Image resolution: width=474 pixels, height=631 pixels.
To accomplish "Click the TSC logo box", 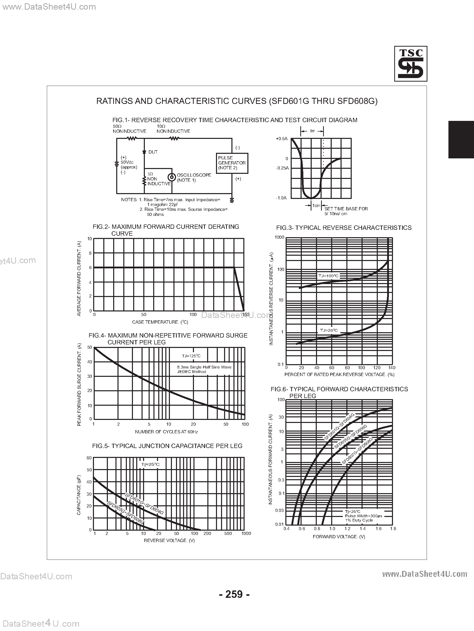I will click(410, 64).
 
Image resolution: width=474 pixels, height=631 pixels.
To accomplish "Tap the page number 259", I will click(234, 594).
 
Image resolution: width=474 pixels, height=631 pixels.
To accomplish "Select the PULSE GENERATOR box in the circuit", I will click(232, 163).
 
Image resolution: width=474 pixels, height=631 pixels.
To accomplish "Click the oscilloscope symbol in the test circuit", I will click(172, 177).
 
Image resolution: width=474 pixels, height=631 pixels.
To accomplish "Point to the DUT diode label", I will click(153, 152).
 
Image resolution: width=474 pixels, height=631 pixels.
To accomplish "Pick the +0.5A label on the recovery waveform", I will click(282, 139).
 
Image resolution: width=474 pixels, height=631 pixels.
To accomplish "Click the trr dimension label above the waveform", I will click(312, 131).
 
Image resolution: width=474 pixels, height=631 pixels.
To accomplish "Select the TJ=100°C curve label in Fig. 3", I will click(328, 276).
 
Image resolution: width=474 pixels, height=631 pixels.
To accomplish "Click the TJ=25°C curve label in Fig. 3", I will click(329, 330).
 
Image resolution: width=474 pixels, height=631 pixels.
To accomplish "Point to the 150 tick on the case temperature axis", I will click(246, 314).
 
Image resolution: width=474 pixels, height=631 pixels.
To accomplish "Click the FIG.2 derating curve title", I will click(166, 230).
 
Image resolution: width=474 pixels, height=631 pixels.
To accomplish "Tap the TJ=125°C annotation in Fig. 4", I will click(191, 356).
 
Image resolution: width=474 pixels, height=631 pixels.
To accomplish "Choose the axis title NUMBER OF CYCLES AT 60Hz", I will click(166, 432).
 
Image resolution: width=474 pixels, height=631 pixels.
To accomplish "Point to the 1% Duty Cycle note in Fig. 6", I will click(359, 520).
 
